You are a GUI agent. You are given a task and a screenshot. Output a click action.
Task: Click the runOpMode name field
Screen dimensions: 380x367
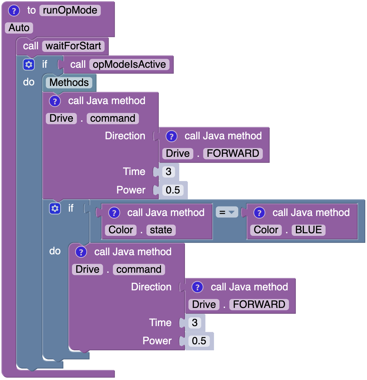point(70,10)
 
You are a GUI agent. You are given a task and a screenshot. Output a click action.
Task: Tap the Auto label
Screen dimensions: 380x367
point(19,28)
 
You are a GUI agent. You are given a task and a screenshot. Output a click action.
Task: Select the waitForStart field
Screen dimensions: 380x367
point(73,46)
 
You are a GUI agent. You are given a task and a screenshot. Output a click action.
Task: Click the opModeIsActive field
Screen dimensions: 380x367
point(129,65)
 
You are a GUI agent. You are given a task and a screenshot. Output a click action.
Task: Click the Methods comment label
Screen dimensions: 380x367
point(69,83)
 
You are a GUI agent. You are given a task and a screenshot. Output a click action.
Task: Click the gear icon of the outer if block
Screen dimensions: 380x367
point(29,65)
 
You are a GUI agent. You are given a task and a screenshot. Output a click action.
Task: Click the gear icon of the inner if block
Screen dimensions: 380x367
point(55,208)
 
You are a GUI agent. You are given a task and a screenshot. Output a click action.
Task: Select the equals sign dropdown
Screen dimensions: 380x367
point(227,213)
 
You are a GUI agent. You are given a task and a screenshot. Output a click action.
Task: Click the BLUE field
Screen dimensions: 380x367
point(309,230)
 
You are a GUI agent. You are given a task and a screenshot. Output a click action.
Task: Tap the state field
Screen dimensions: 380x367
point(161,230)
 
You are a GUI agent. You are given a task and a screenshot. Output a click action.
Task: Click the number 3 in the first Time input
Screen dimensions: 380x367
point(169,172)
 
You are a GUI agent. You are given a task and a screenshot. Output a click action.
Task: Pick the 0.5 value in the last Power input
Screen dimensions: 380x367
point(199,341)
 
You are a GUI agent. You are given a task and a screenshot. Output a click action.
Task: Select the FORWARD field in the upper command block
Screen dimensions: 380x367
point(233,154)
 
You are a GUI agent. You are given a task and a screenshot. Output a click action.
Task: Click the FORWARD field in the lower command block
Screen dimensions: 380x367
point(259,305)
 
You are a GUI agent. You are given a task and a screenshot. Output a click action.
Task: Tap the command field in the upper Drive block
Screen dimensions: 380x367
point(113,118)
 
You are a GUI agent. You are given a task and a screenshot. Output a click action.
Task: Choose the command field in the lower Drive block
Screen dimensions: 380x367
point(139,270)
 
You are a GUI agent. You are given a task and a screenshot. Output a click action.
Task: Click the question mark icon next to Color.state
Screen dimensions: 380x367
point(114,213)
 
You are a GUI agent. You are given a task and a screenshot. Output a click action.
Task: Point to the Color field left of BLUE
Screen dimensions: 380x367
point(266,230)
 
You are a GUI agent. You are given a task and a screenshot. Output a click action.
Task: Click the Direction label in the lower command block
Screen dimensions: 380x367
point(151,287)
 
